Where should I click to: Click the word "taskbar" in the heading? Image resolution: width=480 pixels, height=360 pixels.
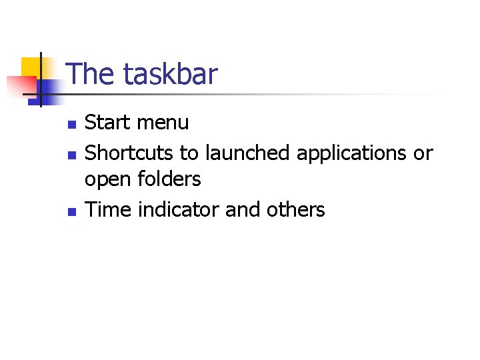tap(170, 74)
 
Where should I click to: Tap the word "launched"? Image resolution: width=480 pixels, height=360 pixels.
tap(247, 153)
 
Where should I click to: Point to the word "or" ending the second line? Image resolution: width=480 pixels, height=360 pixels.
tap(423, 153)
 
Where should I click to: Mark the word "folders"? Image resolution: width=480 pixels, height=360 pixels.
tap(170, 179)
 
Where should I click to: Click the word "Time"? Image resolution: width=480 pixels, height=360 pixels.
tap(108, 210)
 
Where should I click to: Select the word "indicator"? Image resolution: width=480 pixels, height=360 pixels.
tap(179, 210)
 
